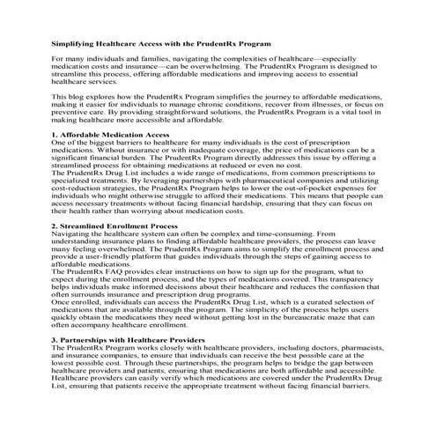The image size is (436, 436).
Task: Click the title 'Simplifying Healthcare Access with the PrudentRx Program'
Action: click(x=160, y=42)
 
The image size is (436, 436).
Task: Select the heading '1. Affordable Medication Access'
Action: click(x=110, y=135)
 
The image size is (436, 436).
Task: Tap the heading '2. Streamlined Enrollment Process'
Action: click(x=115, y=226)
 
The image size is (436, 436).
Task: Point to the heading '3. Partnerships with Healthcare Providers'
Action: click(x=129, y=339)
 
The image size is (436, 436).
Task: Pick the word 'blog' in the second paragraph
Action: click(x=76, y=95)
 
